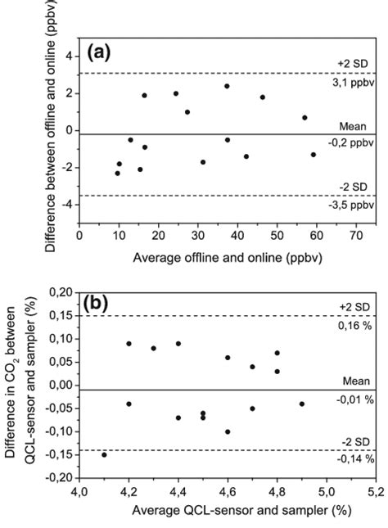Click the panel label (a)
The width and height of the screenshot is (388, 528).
click(x=100, y=54)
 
